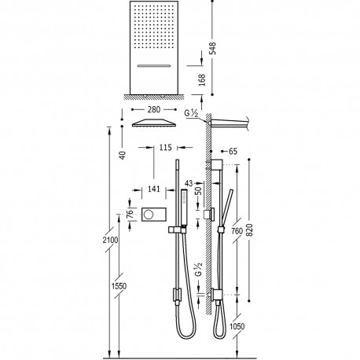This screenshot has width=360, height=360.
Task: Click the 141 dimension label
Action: [x=153, y=189]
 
